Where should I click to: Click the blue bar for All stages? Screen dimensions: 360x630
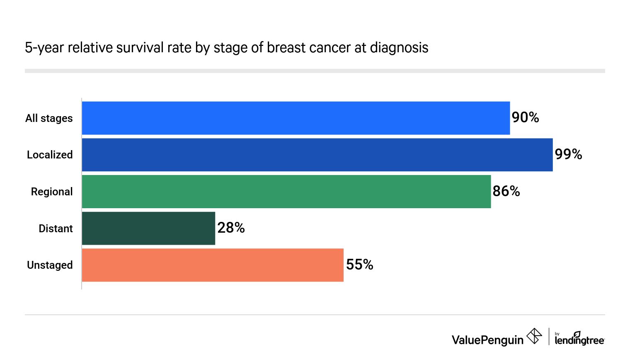[x=296, y=118]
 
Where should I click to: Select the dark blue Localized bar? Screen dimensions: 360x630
[x=317, y=155]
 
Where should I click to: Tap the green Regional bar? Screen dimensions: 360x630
[x=286, y=192]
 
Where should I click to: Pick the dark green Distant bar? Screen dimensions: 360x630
[x=148, y=229]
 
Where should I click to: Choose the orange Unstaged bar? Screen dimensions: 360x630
[x=213, y=265]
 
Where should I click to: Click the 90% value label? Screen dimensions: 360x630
[x=525, y=118]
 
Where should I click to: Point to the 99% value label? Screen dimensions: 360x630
[x=568, y=155]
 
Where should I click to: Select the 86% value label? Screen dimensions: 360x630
[x=506, y=191]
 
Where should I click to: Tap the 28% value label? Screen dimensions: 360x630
[x=231, y=228]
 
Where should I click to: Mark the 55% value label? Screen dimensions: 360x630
[x=359, y=265]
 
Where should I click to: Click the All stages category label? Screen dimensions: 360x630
[x=49, y=118]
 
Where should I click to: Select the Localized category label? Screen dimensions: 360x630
[x=50, y=155]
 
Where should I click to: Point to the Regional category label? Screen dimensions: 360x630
[x=52, y=192]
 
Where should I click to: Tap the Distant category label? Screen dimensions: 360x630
[x=56, y=229]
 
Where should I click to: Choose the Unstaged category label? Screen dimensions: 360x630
[x=50, y=265]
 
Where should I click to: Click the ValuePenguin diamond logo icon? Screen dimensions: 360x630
[x=534, y=336]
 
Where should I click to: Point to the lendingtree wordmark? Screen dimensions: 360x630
[x=579, y=339]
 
